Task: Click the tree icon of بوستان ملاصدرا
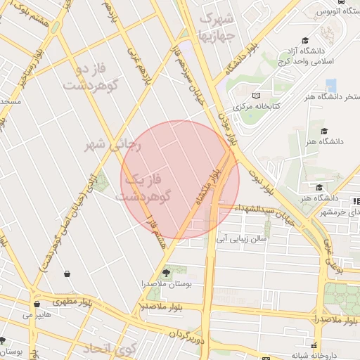(166, 272)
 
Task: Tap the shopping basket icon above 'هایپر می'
(37, 304)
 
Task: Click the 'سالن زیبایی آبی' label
(243, 238)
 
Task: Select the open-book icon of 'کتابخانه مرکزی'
(257, 95)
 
